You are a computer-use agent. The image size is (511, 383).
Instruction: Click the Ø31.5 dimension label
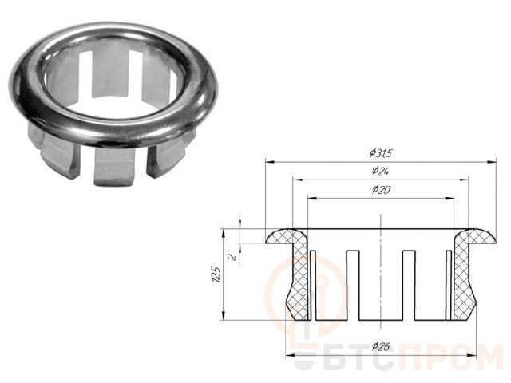tap(381, 152)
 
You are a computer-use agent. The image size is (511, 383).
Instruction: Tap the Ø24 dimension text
tap(381, 171)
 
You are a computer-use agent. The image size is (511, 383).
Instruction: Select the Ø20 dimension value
tap(381, 189)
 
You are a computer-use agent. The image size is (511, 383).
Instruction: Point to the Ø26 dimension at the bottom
tap(381, 346)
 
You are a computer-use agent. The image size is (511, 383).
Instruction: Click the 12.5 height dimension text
tap(217, 276)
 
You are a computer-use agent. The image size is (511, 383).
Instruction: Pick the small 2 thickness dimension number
tap(232, 257)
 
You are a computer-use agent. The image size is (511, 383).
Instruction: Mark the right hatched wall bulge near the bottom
tap(465, 302)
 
